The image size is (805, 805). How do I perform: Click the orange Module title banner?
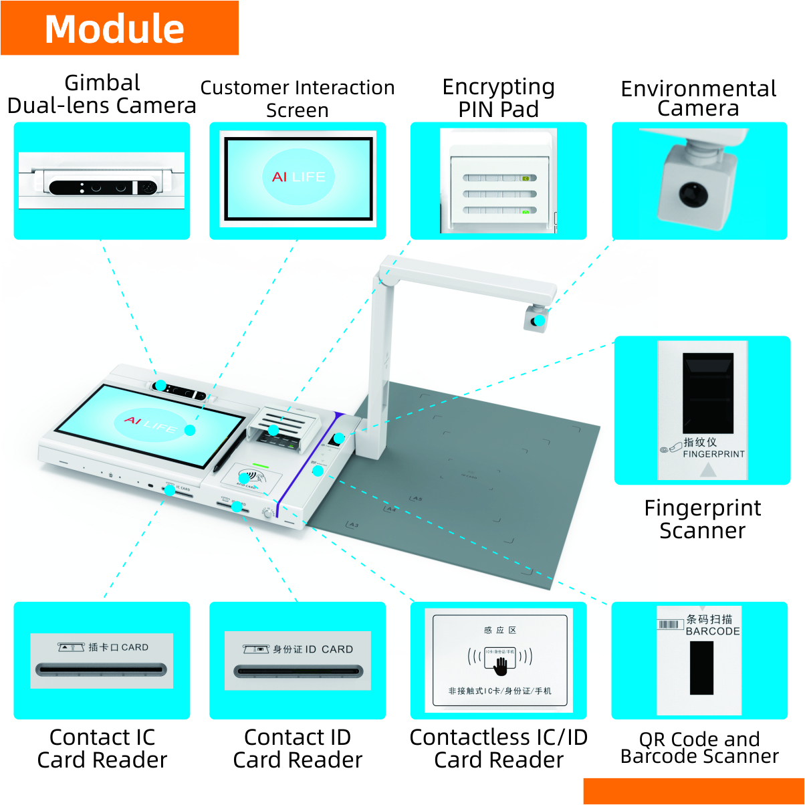click(119, 28)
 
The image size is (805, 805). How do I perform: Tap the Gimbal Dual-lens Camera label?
click(102, 94)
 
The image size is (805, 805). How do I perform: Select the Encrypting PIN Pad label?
click(498, 98)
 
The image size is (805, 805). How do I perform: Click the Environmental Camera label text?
click(698, 98)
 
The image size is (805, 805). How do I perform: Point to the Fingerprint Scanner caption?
click(702, 519)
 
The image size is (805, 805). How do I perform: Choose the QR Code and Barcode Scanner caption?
click(699, 747)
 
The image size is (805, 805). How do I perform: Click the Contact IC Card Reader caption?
click(102, 748)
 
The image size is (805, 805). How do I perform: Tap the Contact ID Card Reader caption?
click(298, 748)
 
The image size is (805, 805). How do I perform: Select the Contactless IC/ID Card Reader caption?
click(498, 748)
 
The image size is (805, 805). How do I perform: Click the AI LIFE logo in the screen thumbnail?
click(298, 177)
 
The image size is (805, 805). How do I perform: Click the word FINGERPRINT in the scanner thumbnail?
click(713, 454)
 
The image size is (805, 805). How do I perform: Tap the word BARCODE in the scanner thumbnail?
click(713, 631)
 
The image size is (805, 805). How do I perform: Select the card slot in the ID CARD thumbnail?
click(298, 671)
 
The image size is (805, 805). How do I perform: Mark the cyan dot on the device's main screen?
click(190, 430)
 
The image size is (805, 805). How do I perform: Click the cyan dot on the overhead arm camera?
click(538, 321)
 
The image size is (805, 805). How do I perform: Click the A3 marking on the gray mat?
click(352, 525)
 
